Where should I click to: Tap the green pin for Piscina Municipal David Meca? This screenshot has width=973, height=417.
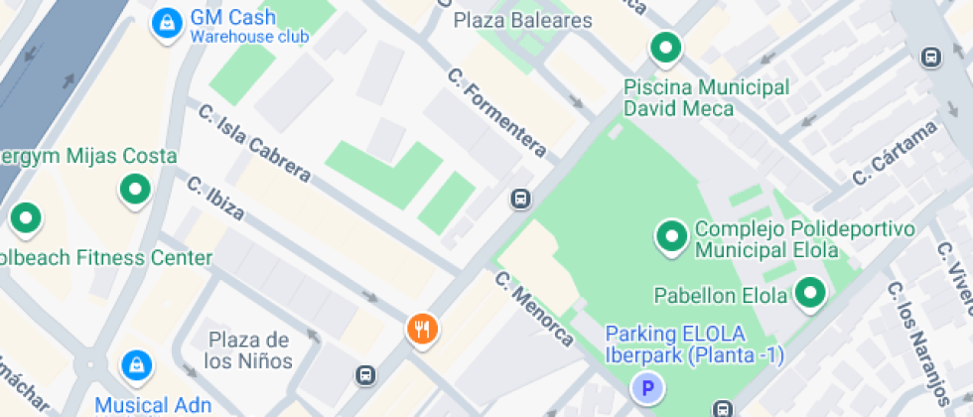(x=664, y=48)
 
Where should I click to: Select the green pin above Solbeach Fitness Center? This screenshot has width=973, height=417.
(x=25, y=217)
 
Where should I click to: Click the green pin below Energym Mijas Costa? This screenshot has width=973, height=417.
(x=134, y=189)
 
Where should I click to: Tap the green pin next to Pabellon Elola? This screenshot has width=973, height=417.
(x=812, y=294)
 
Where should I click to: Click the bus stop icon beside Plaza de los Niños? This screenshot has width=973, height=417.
(x=366, y=375)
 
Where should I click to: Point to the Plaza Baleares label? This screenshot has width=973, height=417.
(x=522, y=21)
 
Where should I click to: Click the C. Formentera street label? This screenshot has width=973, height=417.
(x=496, y=112)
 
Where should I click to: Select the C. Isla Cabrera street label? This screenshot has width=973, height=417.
(x=254, y=144)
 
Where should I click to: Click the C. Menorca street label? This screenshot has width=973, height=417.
(x=534, y=310)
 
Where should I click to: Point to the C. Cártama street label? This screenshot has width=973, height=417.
(x=895, y=153)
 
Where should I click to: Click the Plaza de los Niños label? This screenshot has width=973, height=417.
(x=248, y=350)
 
